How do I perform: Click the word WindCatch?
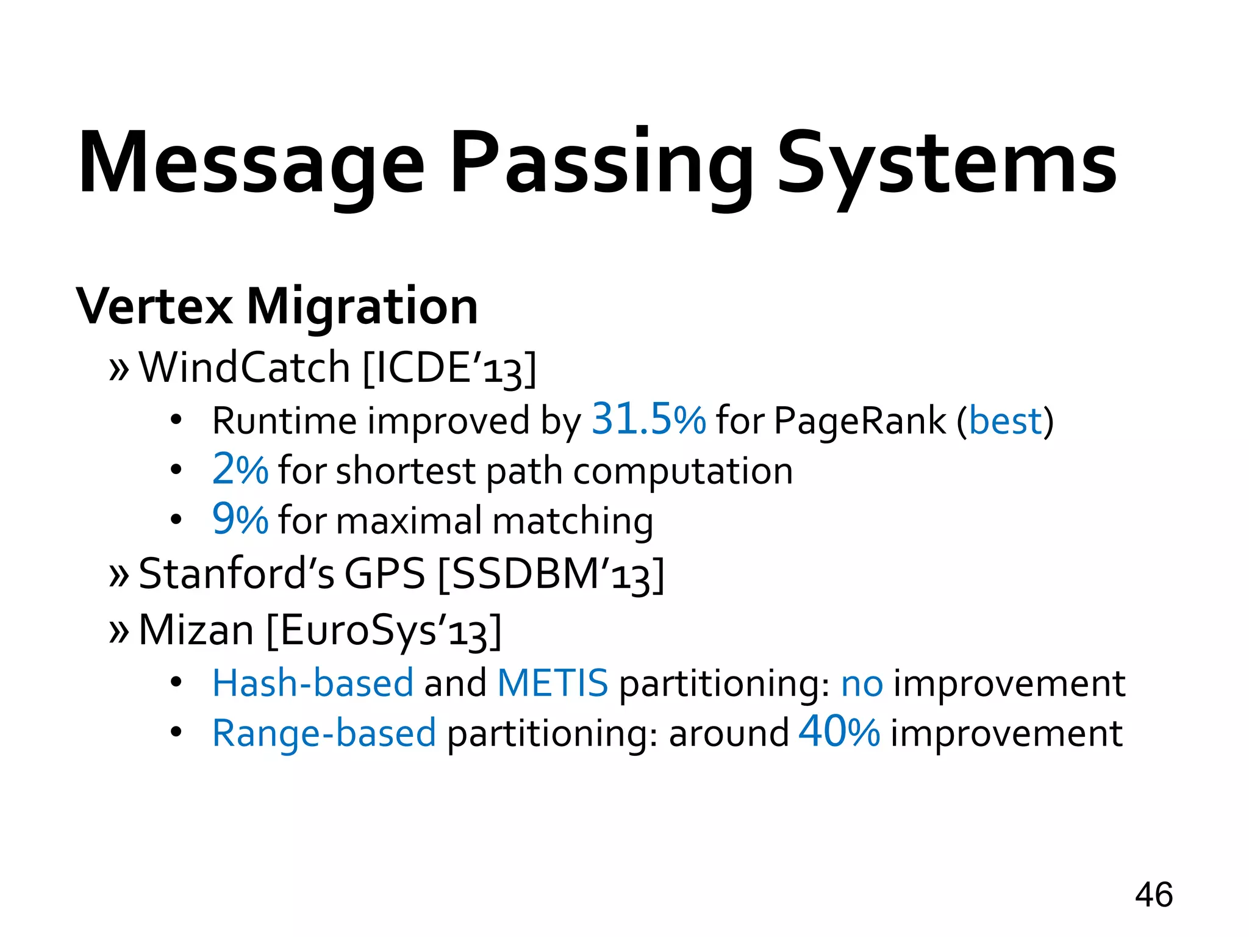coord(245,368)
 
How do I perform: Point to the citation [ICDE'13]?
coord(449,368)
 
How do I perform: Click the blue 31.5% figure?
coord(648,420)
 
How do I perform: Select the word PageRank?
coord(860,421)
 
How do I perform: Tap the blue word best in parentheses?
coord(1005,421)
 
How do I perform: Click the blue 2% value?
coord(240,470)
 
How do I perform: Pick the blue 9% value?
coord(240,520)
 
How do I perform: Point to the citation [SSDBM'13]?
coord(551,574)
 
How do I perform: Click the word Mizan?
coord(196,630)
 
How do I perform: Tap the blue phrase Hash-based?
coord(313,683)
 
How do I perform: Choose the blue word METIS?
coord(553,683)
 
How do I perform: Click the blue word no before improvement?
coord(862,684)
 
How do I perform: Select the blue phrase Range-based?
coord(324,733)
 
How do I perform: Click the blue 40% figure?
coord(839,731)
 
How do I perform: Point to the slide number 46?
coord(1153,895)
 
